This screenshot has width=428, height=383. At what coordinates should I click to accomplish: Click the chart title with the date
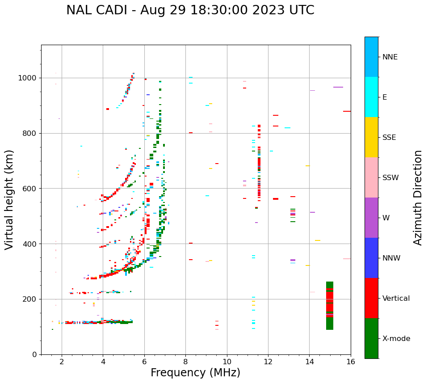coord(190,10)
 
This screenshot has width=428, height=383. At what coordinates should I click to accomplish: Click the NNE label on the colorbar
coord(390,57)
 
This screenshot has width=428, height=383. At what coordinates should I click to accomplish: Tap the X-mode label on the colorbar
coord(396,339)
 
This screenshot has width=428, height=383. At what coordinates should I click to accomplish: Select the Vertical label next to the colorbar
coord(396,299)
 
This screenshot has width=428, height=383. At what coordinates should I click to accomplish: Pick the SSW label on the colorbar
coord(390,178)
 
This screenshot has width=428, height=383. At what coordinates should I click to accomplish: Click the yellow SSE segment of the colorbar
coord(371,137)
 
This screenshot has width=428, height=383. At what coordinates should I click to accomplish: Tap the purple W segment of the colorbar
coord(371,218)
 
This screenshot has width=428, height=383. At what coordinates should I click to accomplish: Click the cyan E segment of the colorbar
coord(371,97)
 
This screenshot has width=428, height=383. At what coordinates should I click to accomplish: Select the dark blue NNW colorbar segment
coord(371,258)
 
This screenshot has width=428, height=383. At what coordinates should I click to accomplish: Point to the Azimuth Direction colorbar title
coord(418,198)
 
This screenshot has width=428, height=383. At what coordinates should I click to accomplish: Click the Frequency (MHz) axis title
coord(195,373)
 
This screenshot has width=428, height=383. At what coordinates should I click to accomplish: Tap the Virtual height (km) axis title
coord(9,200)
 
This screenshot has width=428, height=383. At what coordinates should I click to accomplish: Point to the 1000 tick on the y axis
coord(28,78)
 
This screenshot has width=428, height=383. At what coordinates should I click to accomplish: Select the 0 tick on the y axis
coord(35,355)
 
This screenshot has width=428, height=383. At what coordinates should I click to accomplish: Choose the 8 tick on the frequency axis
coord(185,362)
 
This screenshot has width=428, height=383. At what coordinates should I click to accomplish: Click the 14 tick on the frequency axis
coord(309,362)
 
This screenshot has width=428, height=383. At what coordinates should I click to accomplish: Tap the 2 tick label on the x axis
coord(62,362)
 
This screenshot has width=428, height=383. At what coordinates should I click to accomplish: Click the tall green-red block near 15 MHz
coord(330,306)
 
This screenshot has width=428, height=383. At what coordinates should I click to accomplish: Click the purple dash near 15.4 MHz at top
coord(338,87)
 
